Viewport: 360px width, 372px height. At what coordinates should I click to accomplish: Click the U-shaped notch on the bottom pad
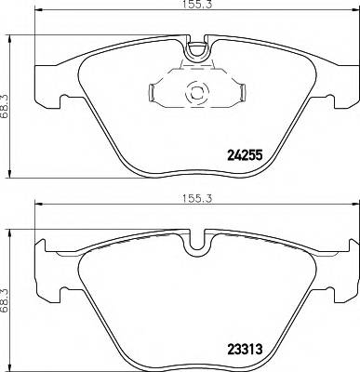pyautogui.click(x=196, y=245)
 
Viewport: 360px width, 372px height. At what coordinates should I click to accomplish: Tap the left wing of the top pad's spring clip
pyautogui.click(x=154, y=92)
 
